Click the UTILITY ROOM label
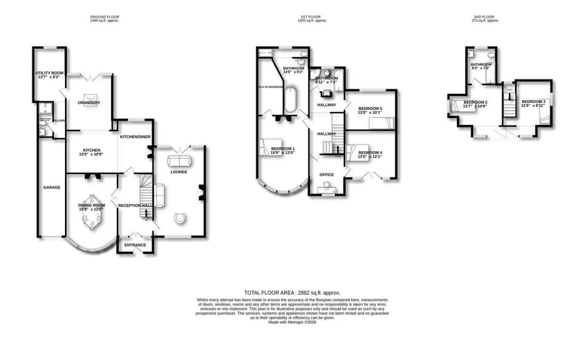50,73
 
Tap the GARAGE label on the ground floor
52,188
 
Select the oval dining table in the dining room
91,219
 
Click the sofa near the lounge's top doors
179,161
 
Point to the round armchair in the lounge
180,219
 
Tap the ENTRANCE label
135,245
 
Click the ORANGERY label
89,103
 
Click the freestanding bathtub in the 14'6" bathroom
290,98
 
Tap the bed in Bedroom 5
381,123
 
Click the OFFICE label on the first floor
326,175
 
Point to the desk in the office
326,189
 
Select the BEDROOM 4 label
370,153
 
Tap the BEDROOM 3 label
533,102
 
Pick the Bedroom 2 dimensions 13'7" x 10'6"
475,106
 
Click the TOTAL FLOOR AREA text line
292,293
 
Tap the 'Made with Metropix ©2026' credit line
292,322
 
